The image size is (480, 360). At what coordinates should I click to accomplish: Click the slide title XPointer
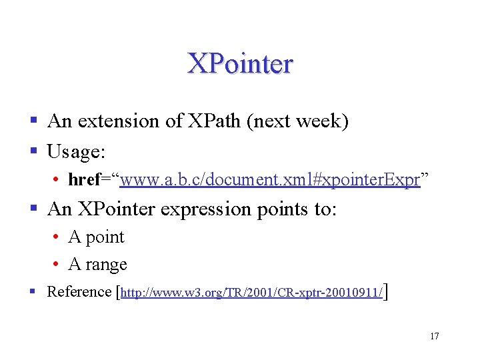click(240, 64)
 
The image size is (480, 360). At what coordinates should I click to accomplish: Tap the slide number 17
click(434, 336)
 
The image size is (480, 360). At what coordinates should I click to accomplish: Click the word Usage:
click(76, 151)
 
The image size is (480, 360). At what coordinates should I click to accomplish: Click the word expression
click(207, 209)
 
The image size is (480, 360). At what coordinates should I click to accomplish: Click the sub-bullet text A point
click(96, 237)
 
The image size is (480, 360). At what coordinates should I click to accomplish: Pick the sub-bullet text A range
click(97, 265)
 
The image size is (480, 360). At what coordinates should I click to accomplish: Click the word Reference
click(79, 291)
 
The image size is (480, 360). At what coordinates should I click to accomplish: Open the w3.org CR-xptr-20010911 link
click(252, 293)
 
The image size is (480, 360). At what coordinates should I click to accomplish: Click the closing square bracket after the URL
click(387, 291)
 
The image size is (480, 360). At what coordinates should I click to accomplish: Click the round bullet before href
click(59, 181)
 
